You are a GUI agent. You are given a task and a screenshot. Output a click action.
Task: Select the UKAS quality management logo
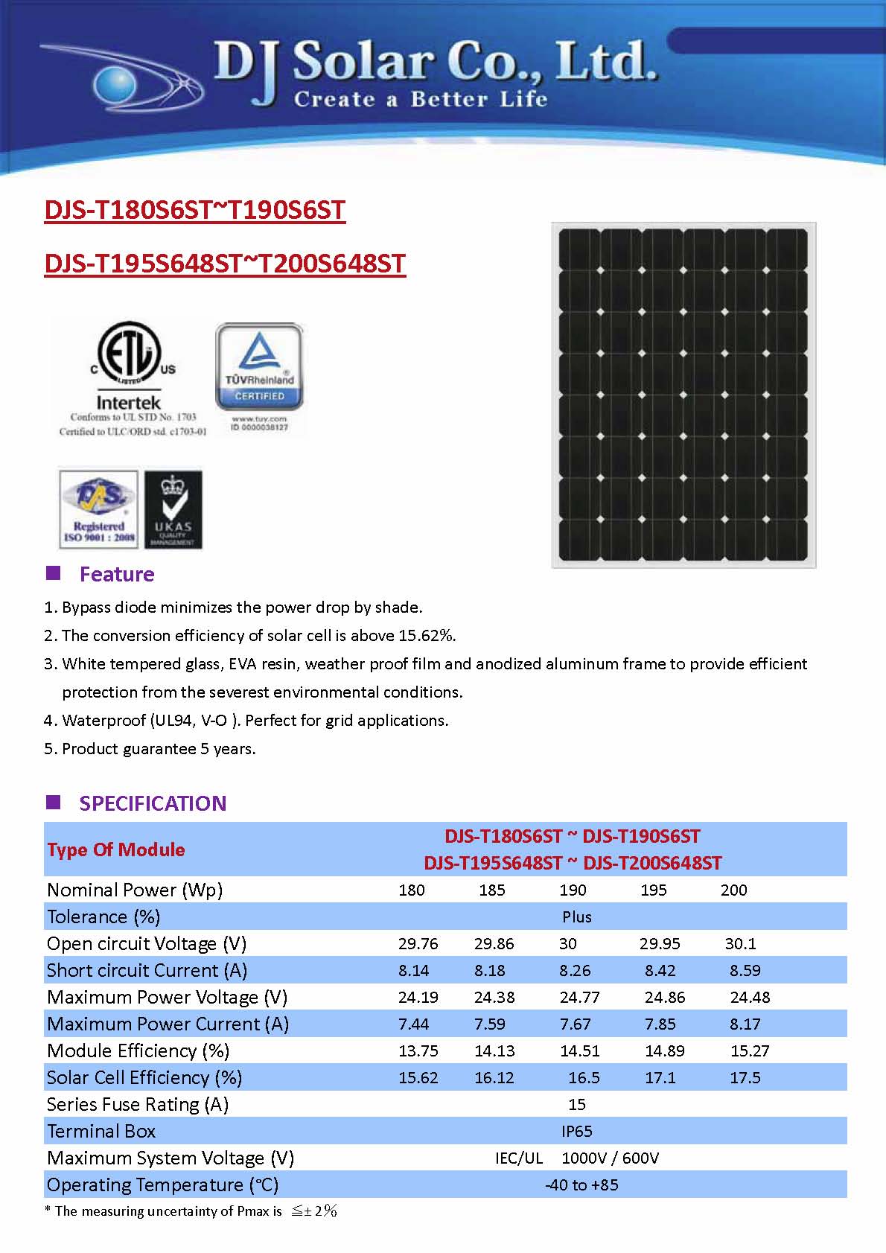(x=173, y=508)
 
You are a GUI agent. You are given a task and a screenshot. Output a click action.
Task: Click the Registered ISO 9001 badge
(x=98, y=508)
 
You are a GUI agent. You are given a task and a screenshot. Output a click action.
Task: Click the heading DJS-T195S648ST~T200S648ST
(x=225, y=264)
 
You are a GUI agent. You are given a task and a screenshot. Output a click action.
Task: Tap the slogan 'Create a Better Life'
(x=421, y=99)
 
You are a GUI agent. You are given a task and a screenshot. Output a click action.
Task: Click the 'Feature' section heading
(x=117, y=574)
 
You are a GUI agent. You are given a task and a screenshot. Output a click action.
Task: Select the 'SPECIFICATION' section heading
(x=153, y=803)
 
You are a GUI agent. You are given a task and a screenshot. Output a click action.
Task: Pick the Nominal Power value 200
(x=733, y=890)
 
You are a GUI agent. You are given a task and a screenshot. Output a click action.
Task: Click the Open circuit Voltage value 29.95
(x=660, y=943)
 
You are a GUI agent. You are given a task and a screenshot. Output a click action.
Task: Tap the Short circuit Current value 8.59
(x=745, y=970)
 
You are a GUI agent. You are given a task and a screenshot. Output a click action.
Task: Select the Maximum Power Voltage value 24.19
(x=418, y=997)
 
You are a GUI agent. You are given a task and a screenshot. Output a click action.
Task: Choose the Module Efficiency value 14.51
(x=580, y=1050)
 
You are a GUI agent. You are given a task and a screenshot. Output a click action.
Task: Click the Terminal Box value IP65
(x=577, y=1131)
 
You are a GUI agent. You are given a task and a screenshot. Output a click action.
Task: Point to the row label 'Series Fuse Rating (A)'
(x=137, y=1104)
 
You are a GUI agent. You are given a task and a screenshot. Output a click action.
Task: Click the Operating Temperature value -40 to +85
(x=581, y=1185)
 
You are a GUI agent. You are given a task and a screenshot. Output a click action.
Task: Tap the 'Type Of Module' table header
(x=116, y=849)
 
